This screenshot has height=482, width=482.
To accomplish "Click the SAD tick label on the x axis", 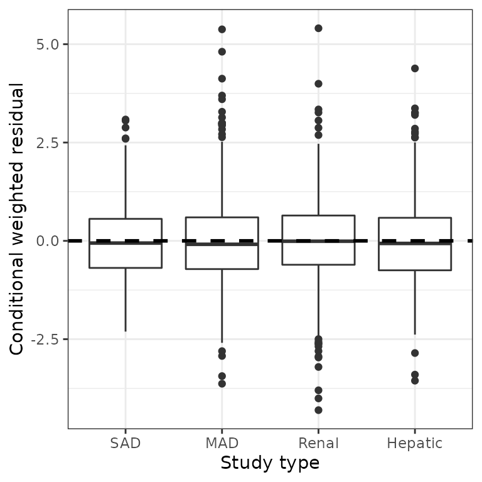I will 126,444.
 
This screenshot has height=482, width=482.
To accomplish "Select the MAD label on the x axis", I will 222,444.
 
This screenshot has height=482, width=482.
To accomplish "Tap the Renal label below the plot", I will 318,444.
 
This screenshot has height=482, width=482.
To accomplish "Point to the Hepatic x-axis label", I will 415,444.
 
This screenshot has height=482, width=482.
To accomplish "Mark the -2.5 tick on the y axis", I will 46,340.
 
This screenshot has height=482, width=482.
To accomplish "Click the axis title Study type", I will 270,464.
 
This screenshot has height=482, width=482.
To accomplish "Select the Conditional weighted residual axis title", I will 18,220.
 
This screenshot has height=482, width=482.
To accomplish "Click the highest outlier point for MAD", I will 222,29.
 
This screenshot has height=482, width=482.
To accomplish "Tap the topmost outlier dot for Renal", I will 318,28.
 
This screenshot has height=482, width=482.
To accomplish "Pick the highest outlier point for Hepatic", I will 415,68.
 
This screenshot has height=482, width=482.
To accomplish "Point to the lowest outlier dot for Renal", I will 318,410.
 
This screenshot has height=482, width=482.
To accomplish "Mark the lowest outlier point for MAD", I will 222,383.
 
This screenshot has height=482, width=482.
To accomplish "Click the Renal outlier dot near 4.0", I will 318,83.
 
